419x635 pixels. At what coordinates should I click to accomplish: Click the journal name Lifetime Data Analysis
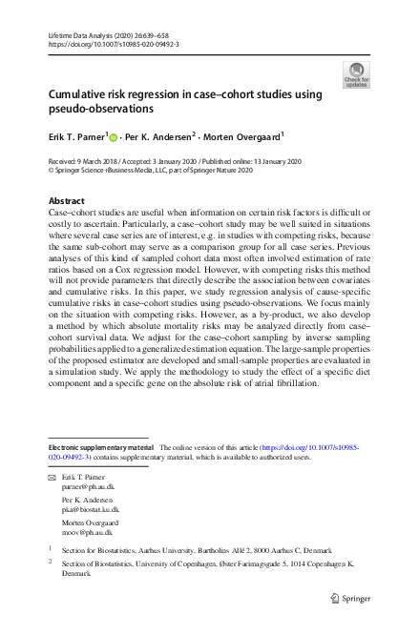(80, 35)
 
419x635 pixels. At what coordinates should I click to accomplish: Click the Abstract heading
(67, 201)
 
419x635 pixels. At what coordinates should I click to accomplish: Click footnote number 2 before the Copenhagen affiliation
(51, 563)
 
